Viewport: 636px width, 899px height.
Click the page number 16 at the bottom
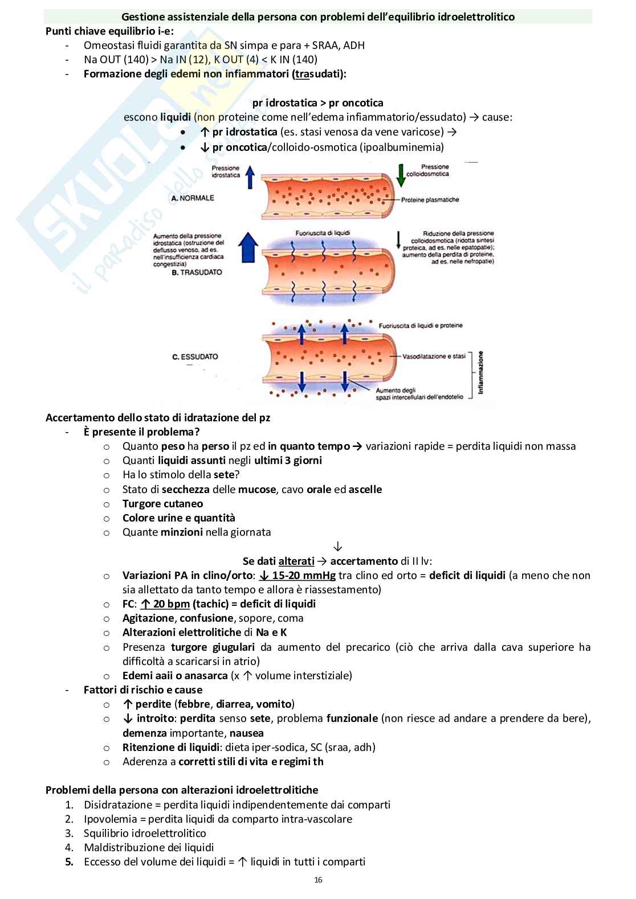point(318,880)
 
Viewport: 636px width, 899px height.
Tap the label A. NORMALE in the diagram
point(193,198)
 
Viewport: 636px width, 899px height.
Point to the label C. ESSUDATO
point(195,357)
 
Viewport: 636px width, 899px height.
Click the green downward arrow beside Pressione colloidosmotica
point(401,175)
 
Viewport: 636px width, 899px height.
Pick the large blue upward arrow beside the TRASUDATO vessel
point(246,249)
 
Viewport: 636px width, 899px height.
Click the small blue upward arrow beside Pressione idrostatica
point(249,176)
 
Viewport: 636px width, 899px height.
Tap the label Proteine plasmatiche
point(430,200)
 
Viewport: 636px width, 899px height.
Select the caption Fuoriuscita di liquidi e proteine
point(421,326)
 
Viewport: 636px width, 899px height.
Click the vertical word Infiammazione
point(480,372)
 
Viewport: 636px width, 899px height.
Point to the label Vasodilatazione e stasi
point(434,356)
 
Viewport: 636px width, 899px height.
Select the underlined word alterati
point(296,561)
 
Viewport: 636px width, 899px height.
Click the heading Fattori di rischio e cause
point(142,690)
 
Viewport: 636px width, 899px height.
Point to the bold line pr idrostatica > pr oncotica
point(317,103)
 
